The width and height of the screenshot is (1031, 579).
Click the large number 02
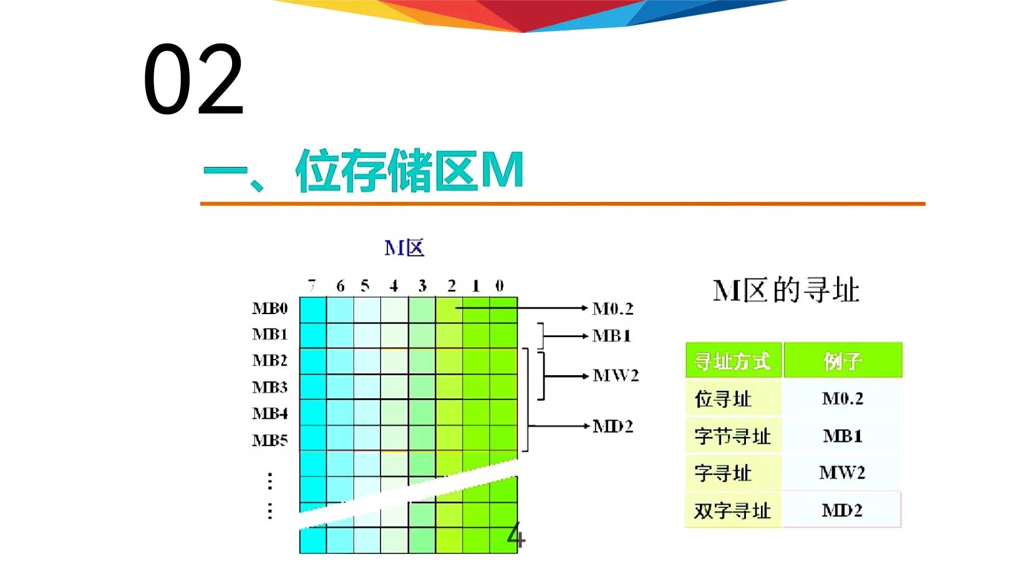click(x=193, y=80)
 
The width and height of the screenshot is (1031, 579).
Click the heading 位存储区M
click(x=409, y=170)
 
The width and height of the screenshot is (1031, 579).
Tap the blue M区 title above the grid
click(x=404, y=248)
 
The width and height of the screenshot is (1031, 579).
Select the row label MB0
click(x=270, y=309)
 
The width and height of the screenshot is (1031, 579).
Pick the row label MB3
click(x=270, y=387)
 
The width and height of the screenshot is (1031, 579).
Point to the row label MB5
click(x=270, y=440)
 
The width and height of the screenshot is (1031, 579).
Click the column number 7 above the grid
click(x=312, y=285)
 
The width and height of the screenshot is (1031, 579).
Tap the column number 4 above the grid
click(x=394, y=285)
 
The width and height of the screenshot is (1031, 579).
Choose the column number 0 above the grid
click(x=499, y=285)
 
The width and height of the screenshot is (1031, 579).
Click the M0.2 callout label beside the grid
click(x=612, y=309)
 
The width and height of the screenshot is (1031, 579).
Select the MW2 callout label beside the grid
click(x=616, y=375)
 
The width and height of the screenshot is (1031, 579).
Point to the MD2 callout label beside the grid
click(x=612, y=426)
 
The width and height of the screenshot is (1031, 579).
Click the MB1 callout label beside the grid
click(x=611, y=336)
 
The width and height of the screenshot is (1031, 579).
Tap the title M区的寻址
click(x=786, y=290)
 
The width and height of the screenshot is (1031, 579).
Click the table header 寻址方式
click(x=732, y=361)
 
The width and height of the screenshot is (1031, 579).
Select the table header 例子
click(x=842, y=361)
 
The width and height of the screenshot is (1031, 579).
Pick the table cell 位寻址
click(x=723, y=399)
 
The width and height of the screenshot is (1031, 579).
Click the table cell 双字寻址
click(x=732, y=510)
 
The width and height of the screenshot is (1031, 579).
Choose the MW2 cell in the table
click(x=842, y=472)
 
